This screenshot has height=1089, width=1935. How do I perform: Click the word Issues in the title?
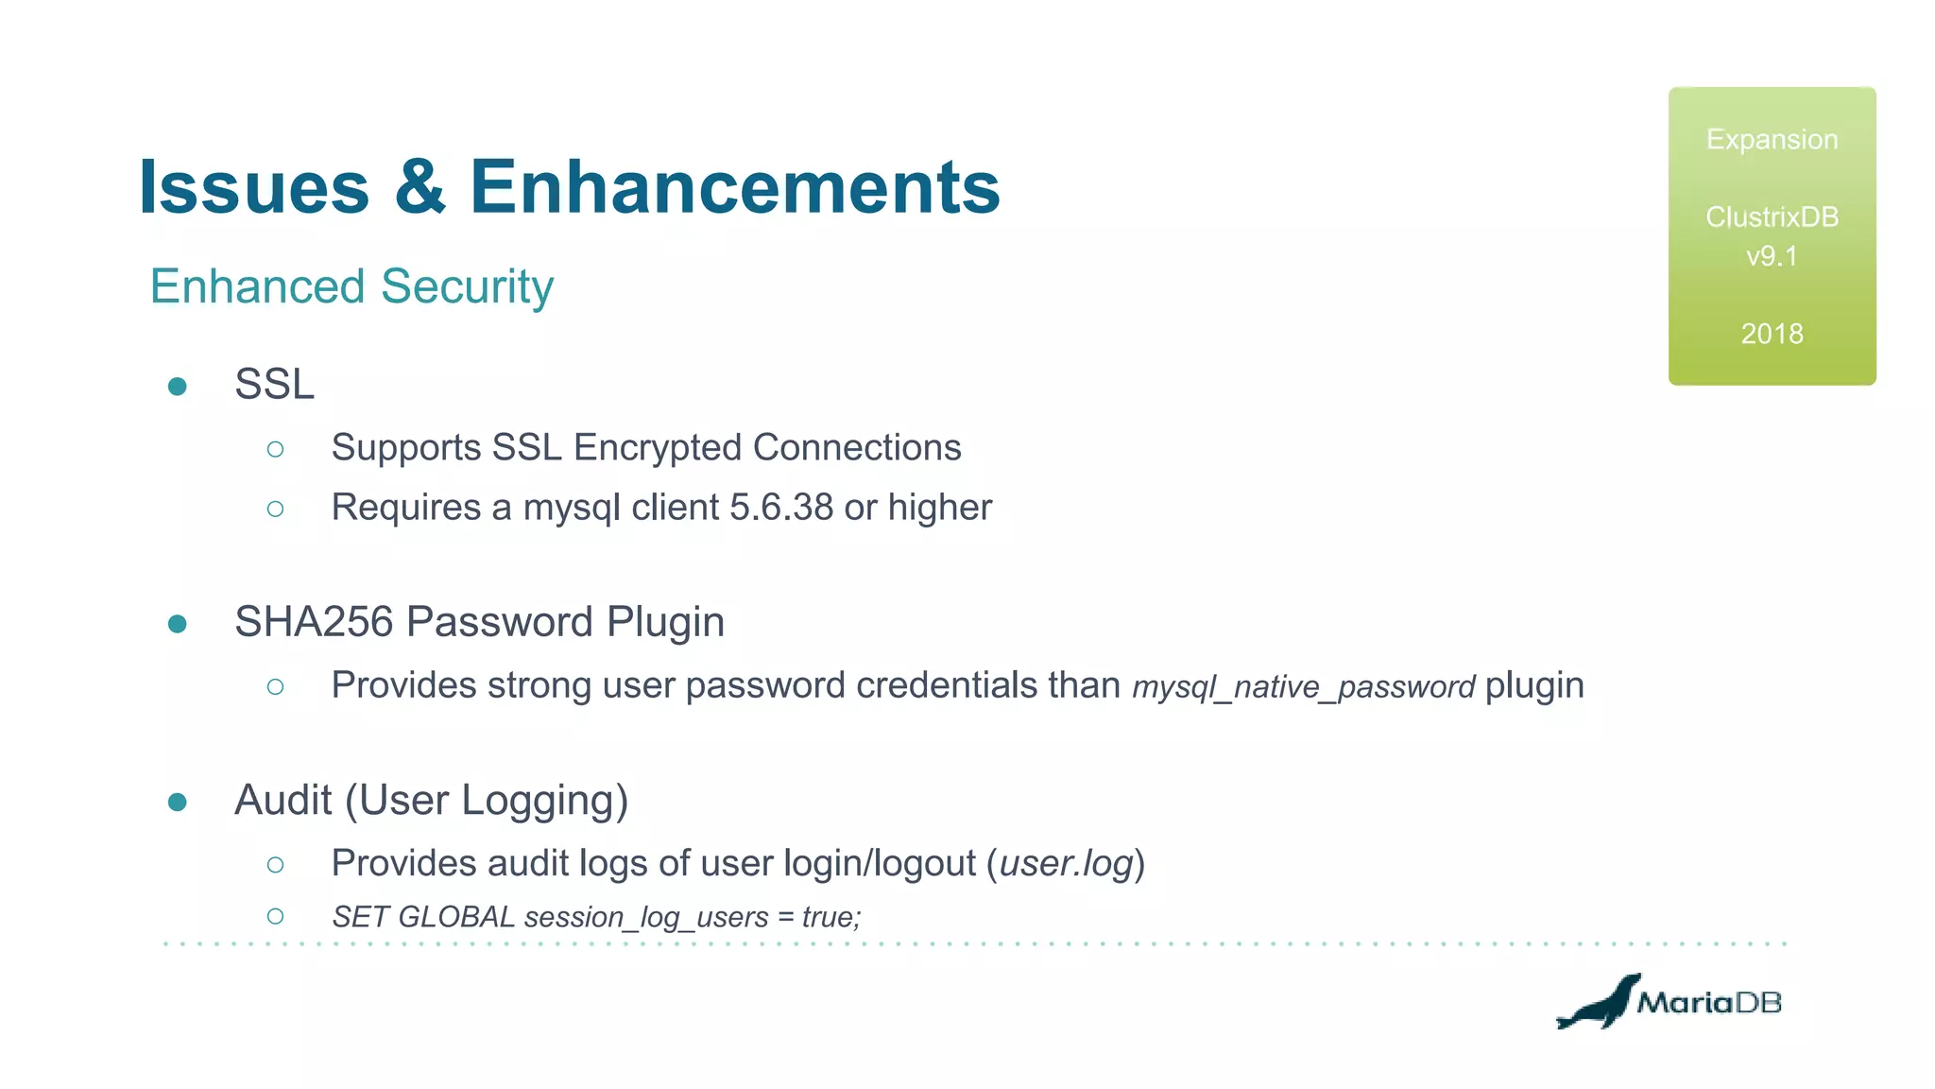[253, 187]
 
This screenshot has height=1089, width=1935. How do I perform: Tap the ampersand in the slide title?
[420, 187]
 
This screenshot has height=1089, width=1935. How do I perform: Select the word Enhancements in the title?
[734, 187]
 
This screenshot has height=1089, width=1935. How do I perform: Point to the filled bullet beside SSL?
[177, 386]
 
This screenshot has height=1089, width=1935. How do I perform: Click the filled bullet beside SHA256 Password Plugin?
[177, 624]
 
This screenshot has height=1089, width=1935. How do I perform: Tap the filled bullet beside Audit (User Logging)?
[177, 803]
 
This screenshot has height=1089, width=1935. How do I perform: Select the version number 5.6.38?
[781, 508]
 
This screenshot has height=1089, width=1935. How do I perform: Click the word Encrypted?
[658, 447]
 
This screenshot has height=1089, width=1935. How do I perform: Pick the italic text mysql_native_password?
[1303, 687]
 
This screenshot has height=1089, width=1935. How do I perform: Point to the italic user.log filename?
[1066, 863]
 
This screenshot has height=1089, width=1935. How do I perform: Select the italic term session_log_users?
[646, 917]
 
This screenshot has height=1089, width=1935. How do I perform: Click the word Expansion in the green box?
[1772, 140]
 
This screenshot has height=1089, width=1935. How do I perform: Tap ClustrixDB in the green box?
[1772, 217]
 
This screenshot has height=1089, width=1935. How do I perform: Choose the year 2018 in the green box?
[1772, 334]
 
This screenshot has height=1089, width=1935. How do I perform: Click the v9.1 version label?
[1772, 256]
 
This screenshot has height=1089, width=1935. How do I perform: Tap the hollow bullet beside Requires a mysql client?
[275, 510]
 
